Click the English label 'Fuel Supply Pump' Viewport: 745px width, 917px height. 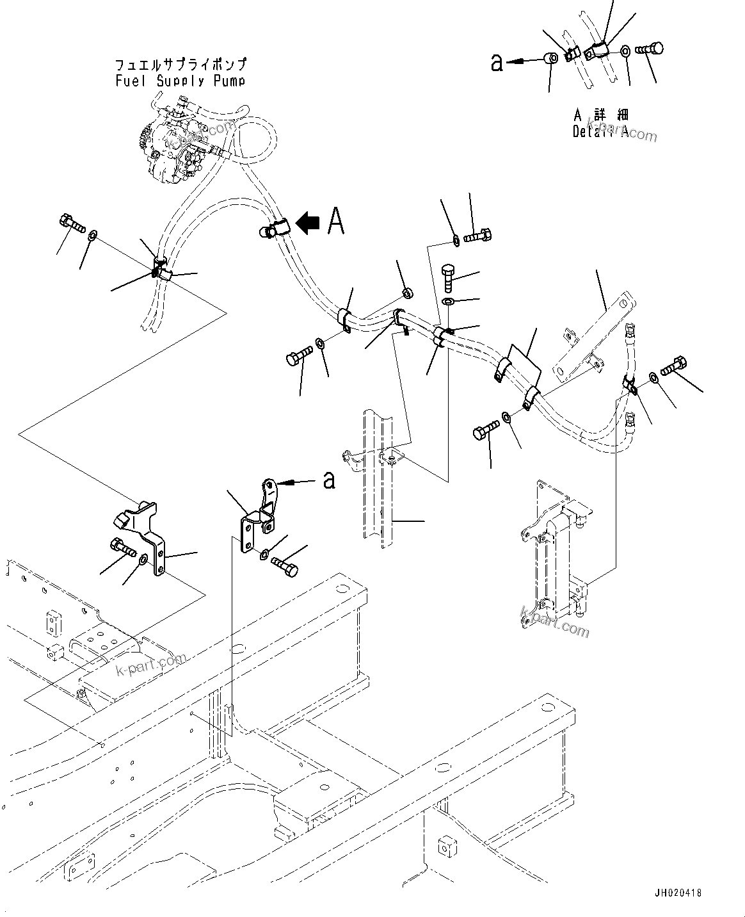click(180, 81)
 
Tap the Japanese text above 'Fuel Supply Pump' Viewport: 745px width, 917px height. click(180, 65)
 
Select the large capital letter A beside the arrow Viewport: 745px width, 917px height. click(336, 222)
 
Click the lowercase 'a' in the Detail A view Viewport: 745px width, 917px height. click(497, 62)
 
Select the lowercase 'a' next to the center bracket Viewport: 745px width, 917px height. click(329, 480)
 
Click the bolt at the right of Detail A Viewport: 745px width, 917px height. click(650, 49)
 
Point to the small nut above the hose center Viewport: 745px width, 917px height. click(407, 294)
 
